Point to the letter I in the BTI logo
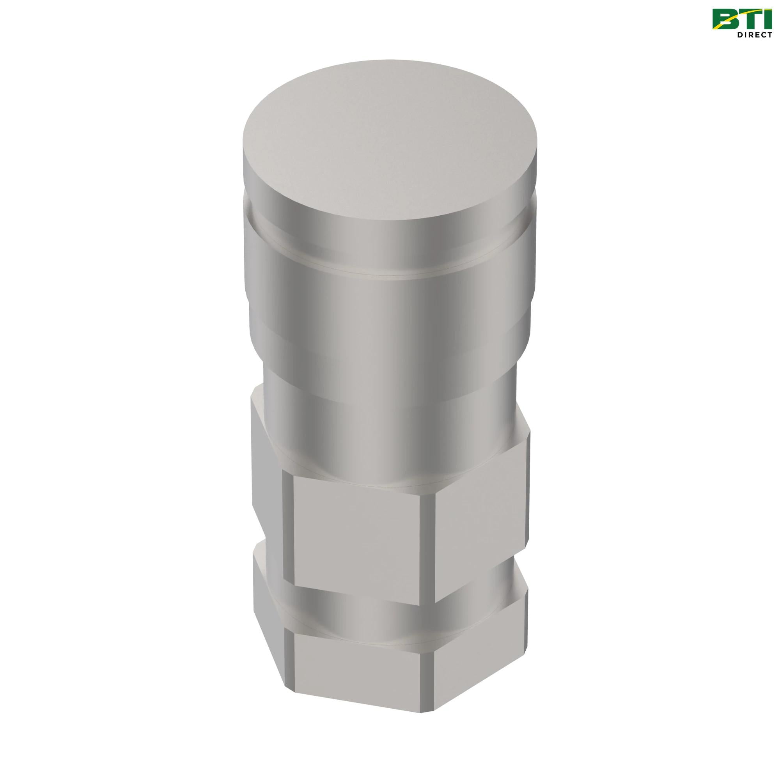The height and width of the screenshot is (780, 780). pyautogui.click(x=766, y=19)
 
